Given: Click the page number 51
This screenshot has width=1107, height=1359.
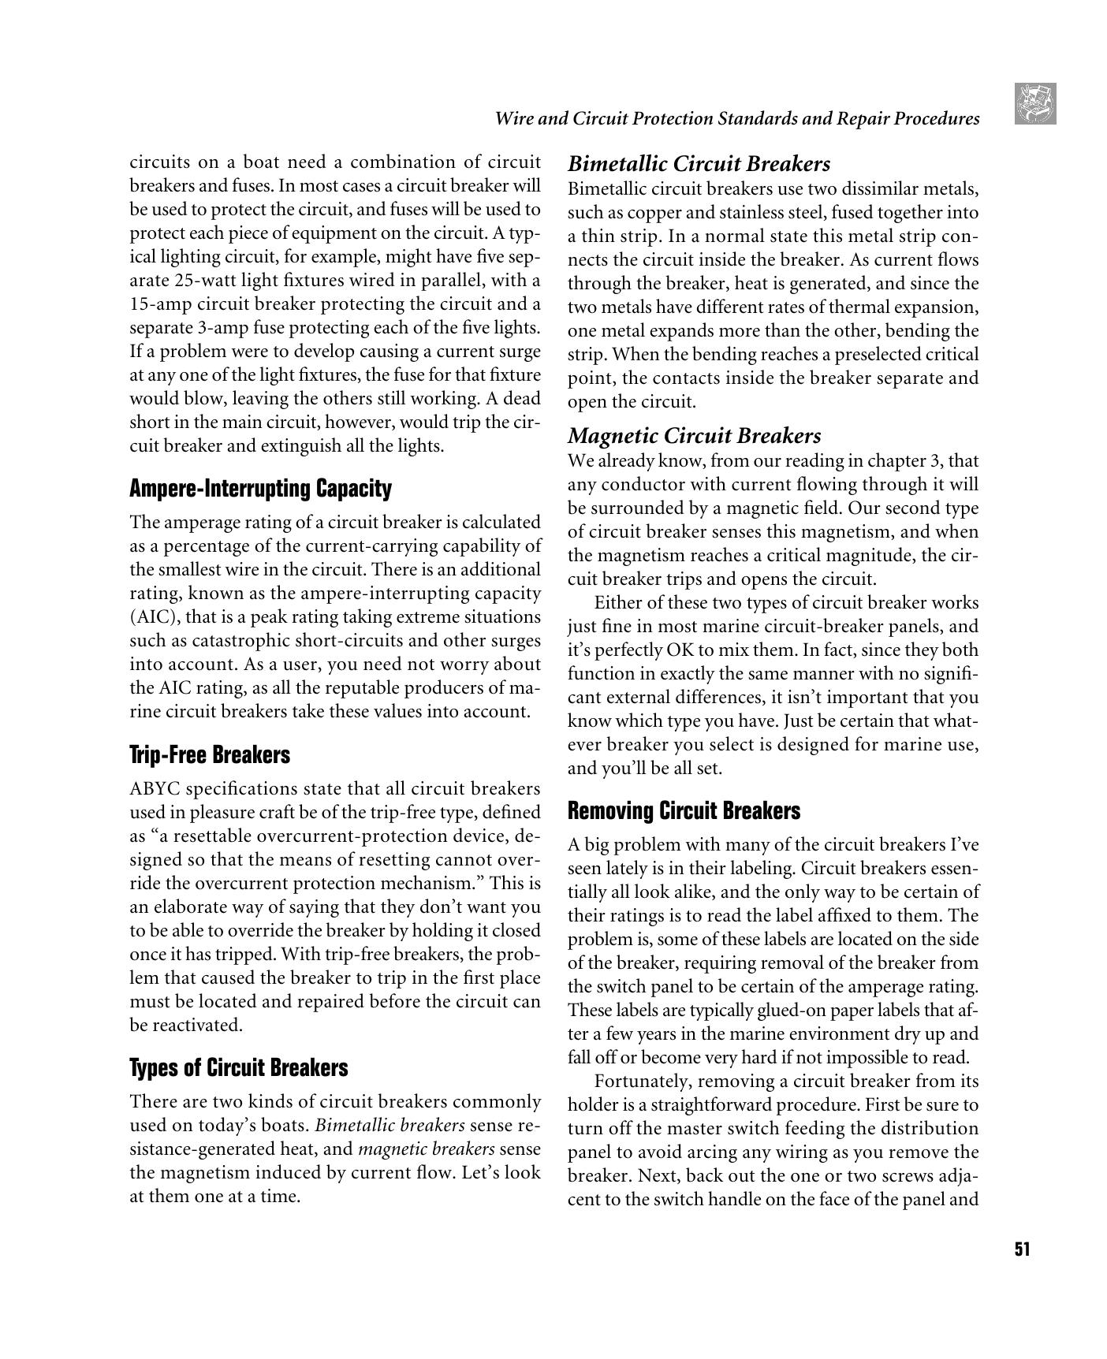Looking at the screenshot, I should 1022,1249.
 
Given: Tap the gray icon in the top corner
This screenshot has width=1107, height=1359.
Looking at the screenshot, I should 1035,104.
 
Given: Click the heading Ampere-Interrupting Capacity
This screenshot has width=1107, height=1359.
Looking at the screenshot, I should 260,489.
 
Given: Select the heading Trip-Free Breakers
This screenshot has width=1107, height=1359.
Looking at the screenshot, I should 210,755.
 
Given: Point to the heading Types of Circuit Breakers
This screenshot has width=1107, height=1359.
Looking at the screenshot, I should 238,1068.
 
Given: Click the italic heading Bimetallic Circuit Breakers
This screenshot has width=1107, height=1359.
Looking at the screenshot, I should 699,164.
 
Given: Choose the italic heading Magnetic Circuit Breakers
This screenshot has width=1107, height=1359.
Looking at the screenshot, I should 694,436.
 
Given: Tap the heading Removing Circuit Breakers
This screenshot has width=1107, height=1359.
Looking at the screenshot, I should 684,811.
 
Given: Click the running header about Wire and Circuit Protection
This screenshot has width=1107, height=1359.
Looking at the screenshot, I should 736,119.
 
